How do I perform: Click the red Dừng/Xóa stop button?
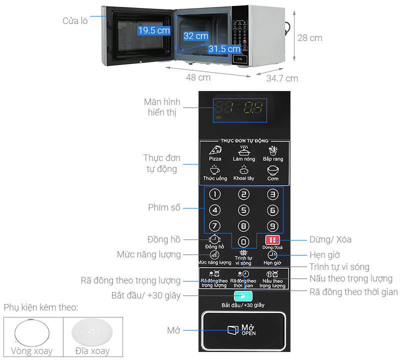pyautogui.click(x=272, y=239)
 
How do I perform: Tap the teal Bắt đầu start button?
pyautogui.click(x=243, y=295)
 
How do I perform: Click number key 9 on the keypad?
pyautogui.click(x=272, y=225)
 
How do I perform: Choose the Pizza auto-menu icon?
pyautogui.click(x=215, y=150)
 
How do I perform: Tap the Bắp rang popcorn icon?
pyautogui.click(x=273, y=149)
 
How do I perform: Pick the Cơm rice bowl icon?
pyautogui.click(x=272, y=169)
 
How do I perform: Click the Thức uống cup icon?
pyautogui.click(x=215, y=169)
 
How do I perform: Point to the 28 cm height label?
pyautogui.click(x=310, y=38)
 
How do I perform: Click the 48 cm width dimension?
pyautogui.click(x=198, y=77)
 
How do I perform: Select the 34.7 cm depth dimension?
pyautogui.click(x=282, y=78)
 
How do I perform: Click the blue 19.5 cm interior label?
pyautogui.click(x=154, y=30)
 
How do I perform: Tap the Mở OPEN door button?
pyautogui.click(x=243, y=329)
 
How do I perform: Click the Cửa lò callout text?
pyautogui.click(x=75, y=20)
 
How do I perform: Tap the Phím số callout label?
pyautogui.click(x=164, y=207)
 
